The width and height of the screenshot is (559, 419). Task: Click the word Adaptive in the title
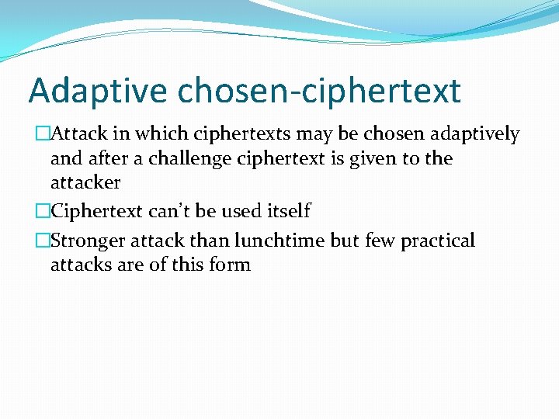coord(97,91)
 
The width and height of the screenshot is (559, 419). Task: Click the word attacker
coord(85,182)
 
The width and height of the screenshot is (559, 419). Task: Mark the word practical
coord(437,241)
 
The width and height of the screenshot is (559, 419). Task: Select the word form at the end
coord(232,265)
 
